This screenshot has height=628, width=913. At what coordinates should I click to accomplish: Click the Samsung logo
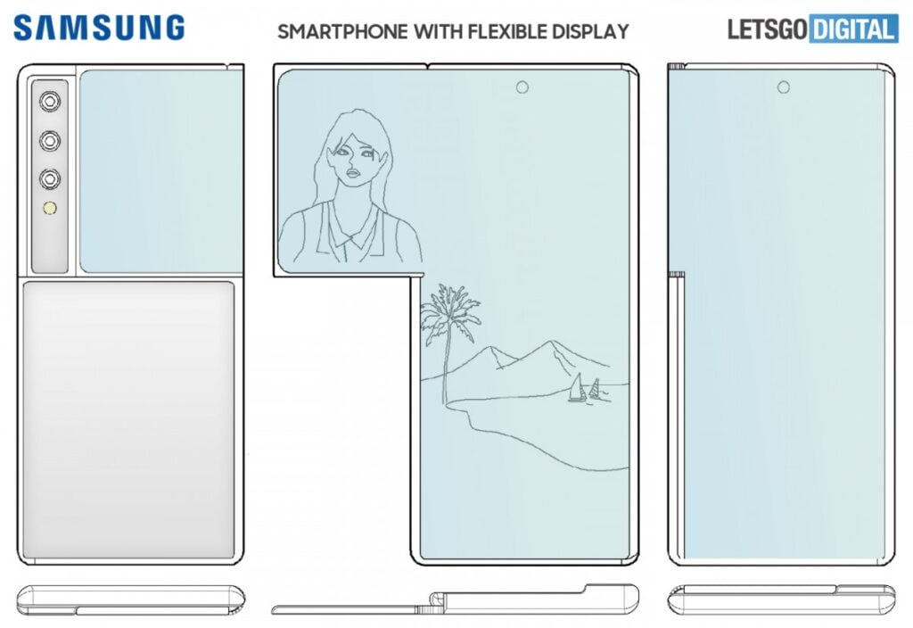[99, 29]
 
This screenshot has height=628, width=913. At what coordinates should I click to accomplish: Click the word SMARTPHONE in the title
[342, 31]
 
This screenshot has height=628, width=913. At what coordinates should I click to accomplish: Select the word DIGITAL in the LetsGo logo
[853, 30]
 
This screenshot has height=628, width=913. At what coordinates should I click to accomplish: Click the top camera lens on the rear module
[48, 102]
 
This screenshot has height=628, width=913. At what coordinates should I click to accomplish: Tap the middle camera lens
[48, 140]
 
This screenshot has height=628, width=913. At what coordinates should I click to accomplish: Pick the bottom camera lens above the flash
[48, 178]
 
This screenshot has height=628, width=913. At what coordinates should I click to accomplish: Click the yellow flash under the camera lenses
[48, 211]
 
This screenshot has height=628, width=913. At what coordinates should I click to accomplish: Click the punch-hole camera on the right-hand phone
[784, 87]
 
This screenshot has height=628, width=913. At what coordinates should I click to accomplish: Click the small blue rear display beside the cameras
[161, 169]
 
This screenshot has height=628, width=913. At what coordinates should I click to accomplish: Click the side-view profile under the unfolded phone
[455, 600]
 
